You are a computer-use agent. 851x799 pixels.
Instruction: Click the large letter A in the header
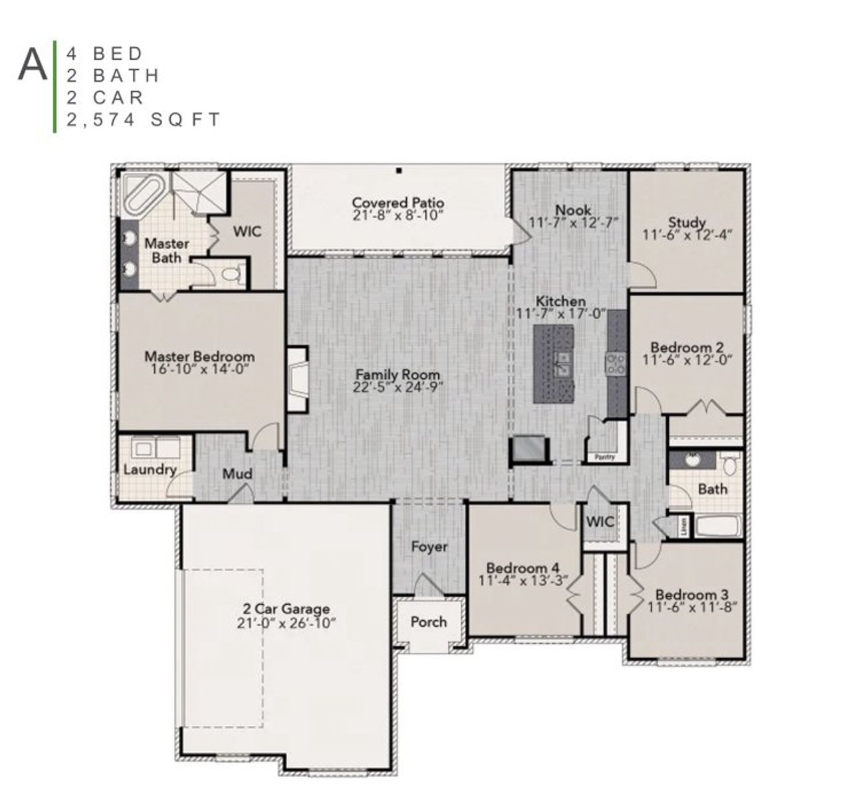[x=33, y=64]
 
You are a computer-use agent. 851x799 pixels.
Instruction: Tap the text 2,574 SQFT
[x=143, y=120]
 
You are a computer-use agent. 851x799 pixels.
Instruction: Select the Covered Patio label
[x=398, y=202]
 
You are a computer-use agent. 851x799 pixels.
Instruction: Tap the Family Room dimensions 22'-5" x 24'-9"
[x=397, y=387]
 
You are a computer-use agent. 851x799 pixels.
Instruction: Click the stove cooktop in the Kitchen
[x=614, y=363]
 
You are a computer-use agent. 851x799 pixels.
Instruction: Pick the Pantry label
[x=604, y=457]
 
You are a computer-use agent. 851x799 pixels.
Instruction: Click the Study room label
[x=687, y=222]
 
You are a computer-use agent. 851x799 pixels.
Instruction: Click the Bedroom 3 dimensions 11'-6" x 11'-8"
[x=691, y=607]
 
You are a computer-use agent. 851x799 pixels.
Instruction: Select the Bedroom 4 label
[x=523, y=568]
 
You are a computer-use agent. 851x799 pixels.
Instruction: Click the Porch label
[x=428, y=622]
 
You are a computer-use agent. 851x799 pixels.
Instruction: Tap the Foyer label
[x=429, y=546]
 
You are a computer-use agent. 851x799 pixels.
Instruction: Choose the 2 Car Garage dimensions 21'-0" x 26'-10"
[x=286, y=623]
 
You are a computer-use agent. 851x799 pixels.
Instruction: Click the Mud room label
[x=237, y=473]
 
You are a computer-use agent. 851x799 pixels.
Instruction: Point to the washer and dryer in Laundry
[x=156, y=447]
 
